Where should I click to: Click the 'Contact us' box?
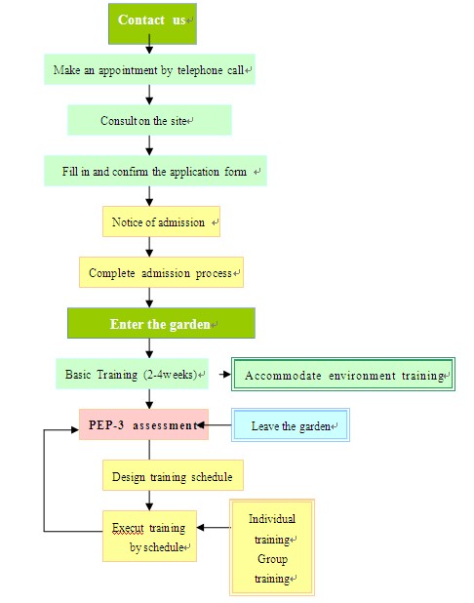click(x=152, y=23)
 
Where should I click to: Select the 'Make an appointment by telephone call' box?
click(x=149, y=69)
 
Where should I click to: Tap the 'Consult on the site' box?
click(x=149, y=120)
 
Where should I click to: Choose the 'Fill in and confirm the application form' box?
click(x=155, y=171)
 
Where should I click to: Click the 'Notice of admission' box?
click(x=161, y=221)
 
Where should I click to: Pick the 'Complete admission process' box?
click(x=161, y=272)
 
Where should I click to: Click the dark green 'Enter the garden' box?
click(x=161, y=323)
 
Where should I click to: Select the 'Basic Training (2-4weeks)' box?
click(x=132, y=374)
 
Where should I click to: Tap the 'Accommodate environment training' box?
click(x=343, y=374)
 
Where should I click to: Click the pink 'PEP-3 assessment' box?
click(x=143, y=424)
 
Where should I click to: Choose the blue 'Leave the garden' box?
click(x=291, y=425)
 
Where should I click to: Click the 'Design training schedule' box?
click(x=173, y=475)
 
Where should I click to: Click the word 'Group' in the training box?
click(x=272, y=559)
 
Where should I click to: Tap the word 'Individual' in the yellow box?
click(x=272, y=519)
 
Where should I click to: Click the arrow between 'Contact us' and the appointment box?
click(x=149, y=44)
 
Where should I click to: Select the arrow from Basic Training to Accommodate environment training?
click(x=225, y=374)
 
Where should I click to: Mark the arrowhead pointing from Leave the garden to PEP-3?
click(x=200, y=425)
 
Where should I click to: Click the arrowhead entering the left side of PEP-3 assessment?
click(x=75, y=429)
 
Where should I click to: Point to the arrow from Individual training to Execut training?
click(x=214, y=527)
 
